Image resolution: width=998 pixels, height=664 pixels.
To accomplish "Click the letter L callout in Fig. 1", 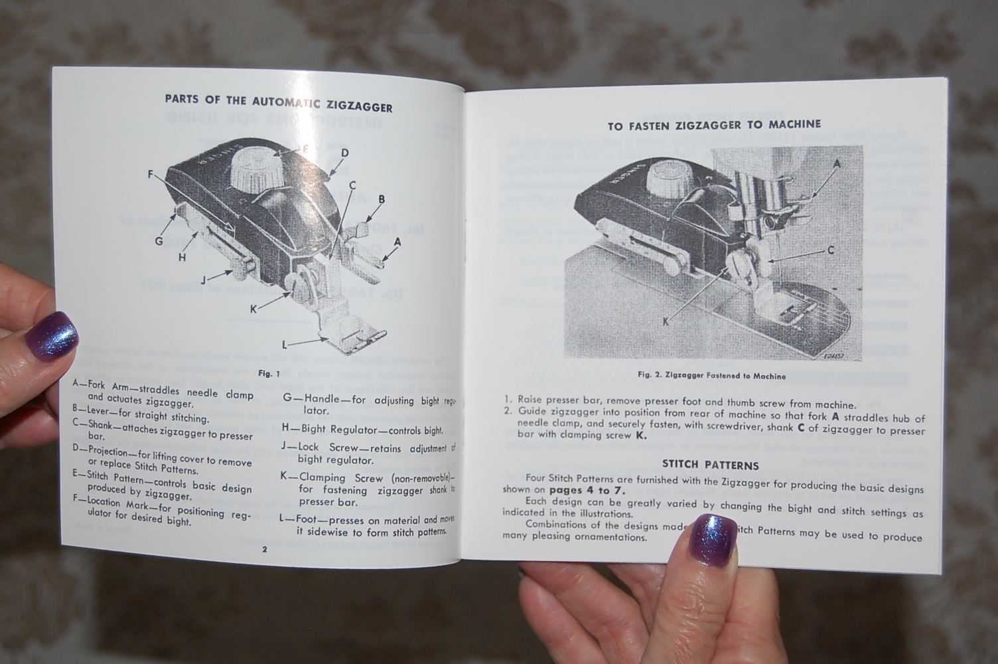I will pyautogui.click(x=285, y=345).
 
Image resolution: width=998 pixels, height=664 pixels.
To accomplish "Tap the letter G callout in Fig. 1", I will pyautogui.click(x=159, y=241).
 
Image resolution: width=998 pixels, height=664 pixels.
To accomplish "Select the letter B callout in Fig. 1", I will pyautogui.click(x=382, y=199).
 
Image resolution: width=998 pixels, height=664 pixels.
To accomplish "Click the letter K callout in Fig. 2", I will pyautogui.click(x=665, y=321).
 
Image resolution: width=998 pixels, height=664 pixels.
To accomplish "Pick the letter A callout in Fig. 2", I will pyautogui.click(x=836, y=163).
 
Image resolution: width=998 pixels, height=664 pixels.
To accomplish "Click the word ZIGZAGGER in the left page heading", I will pyautogui.click(x=359, y=107).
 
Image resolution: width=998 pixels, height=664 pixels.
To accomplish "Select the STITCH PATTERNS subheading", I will pyautogui.click(x=711, y=465).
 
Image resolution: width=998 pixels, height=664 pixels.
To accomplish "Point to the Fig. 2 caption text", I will pyautogui.click(x=711, y=376).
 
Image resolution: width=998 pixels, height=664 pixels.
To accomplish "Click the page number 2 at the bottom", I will pyautogui.click(x=264, y=549).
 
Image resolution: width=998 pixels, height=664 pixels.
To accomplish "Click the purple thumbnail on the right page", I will pyautogui.click(x=713, y=537).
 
